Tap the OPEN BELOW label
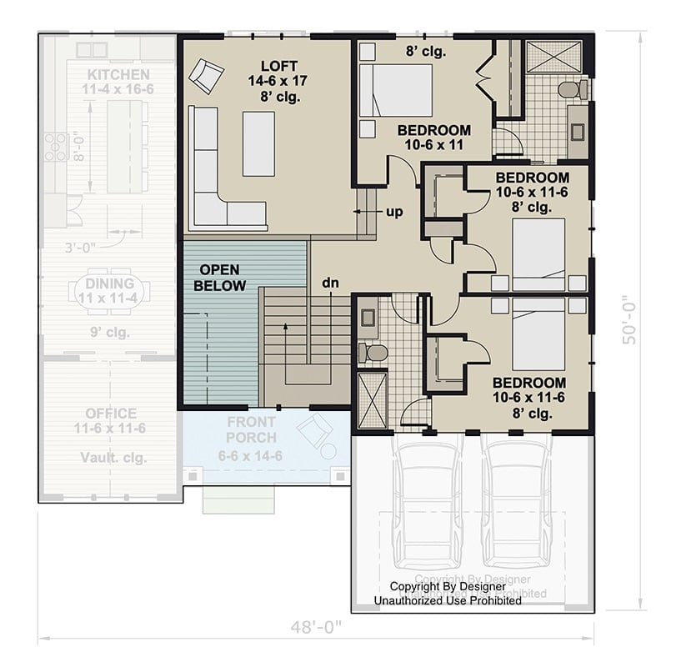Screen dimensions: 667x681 (220, 278)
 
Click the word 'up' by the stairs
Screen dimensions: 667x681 (394, 212)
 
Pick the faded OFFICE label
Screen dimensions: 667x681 (111, 414)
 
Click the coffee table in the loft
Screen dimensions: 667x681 (258, 143)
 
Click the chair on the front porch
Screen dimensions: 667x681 (314, 431)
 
